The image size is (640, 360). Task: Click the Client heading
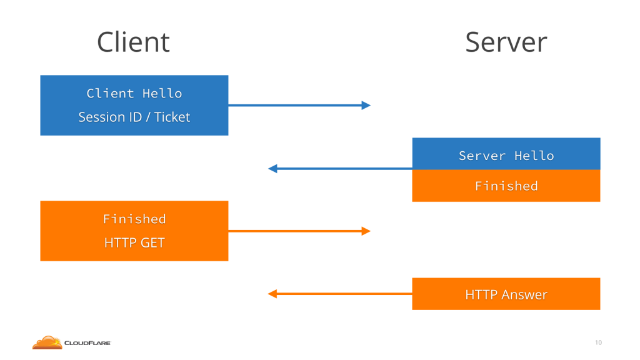click(x=134, y=42)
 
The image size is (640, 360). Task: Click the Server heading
click(x=506, y=42)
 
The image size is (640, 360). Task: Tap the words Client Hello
click(x=134, y=94)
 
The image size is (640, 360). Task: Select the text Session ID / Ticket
click(x=134, y=117)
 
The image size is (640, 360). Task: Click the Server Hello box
click(x=506, y=154)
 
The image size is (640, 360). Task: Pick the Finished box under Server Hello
click(x=506, y=186)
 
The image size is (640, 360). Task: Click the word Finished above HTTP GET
click(x=134, y=219)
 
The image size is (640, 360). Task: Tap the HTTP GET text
click(x=134, y=243)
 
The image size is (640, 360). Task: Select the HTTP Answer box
click(x=506, y=294)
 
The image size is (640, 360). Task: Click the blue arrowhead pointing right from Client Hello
click(x=366, y=105)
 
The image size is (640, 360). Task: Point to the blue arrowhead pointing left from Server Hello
click(x=272, y=169)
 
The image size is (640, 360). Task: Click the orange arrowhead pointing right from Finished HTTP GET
click(x=366, y=231)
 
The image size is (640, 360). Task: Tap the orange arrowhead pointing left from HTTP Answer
click(x=272, y=294)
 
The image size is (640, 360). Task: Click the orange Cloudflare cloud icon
click(x=47, y=343)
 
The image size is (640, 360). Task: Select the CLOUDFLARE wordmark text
click(x=87, y=343)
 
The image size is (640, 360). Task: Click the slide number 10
click(x=598, y=342)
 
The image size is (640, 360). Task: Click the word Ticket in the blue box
click(x=172, y=117)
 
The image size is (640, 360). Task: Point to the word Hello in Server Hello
click(x=534, y=156)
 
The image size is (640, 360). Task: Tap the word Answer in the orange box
click(x=524, y=295)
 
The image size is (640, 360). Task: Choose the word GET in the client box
click(x=152, y=243)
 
